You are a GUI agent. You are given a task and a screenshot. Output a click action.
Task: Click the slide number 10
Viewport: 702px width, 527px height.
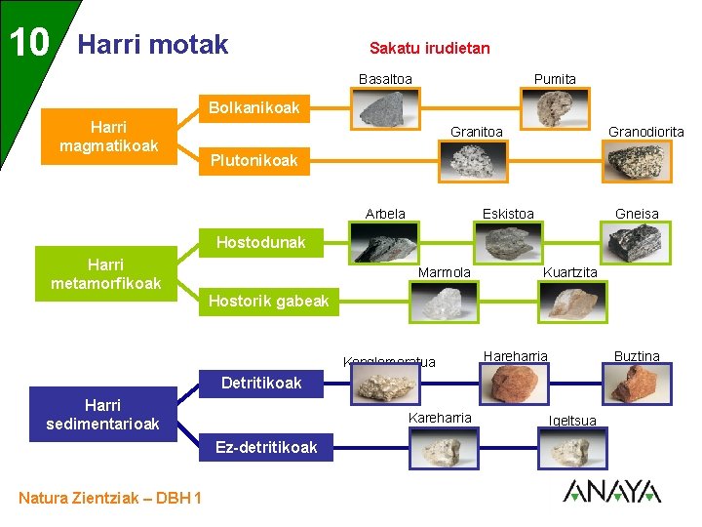coord(29,42)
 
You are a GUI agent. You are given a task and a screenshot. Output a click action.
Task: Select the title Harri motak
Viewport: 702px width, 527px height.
coord(152,45)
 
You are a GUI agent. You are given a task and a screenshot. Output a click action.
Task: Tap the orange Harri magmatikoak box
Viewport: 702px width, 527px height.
coord(107,137)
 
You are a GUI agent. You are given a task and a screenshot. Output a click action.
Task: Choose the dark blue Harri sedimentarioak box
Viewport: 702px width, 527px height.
coord(102,414)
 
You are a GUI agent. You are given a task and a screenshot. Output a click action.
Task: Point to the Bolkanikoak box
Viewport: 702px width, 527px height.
coord(253,107)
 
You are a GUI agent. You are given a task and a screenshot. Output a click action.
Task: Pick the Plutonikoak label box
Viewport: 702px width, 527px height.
coord(253,161)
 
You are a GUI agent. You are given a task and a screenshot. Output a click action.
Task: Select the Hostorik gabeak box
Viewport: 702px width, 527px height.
coord(268,302)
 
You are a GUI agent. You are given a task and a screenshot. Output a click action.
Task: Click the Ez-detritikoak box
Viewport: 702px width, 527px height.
coord(266,447)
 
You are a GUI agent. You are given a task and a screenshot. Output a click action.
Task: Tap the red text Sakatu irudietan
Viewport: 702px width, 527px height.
coord(429,48)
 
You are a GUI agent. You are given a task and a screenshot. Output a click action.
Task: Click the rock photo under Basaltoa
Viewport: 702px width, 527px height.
coord(385,105)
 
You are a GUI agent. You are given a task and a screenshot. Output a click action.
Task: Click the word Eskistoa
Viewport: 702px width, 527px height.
coord(508,214)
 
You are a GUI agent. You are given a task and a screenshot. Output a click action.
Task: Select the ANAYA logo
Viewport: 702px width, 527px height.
coord(611,491)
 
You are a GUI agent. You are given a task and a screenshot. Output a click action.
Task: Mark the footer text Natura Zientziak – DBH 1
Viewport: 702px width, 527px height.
coord(110,499)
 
